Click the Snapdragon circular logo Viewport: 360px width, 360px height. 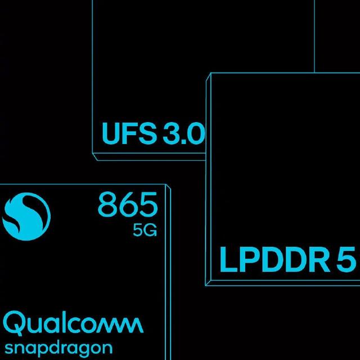point(26,216)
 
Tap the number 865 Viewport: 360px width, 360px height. point(128,205)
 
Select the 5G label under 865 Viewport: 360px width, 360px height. point(145,230)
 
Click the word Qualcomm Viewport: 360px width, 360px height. point(73,323)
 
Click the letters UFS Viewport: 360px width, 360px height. point(129,133)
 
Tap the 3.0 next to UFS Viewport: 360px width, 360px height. point(184,133)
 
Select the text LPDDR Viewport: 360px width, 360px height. point(274,259)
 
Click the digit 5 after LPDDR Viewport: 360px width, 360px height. point(346,259)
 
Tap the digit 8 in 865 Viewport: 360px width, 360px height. point(107,205)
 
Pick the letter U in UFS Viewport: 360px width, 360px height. point(112,134)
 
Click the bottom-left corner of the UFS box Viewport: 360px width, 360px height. point(92,153)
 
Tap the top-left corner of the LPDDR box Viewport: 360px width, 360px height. point(211,73)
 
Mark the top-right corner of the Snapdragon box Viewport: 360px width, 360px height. point(165,184)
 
